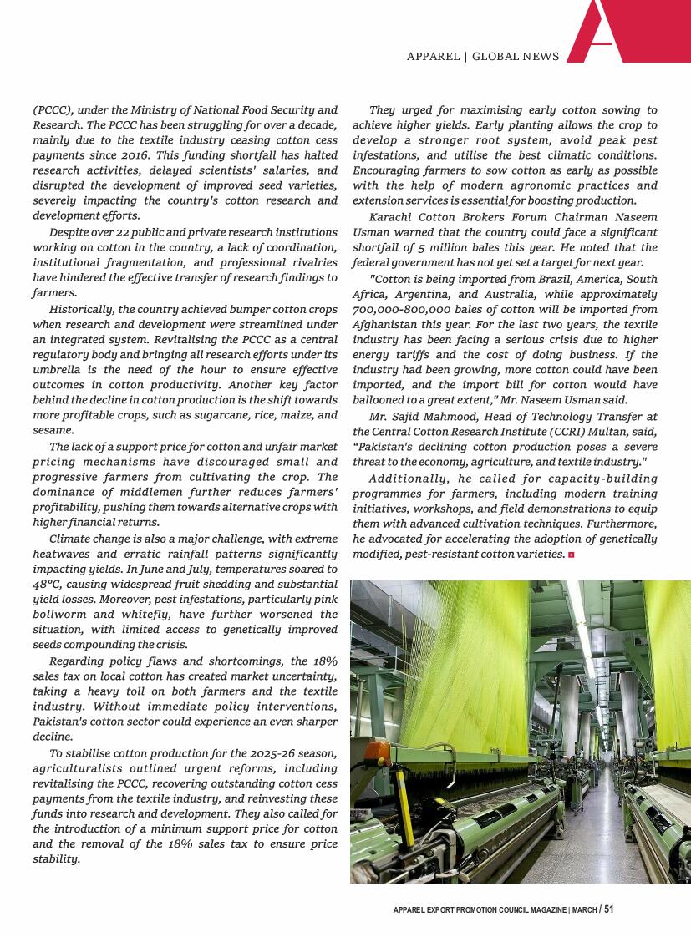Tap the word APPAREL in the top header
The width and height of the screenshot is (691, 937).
pyautogui.click(x=433, y=57)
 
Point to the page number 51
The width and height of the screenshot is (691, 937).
pyautogui.click(x=608, y=909)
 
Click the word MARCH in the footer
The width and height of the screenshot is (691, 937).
pyautogui.click(x=584, y=910)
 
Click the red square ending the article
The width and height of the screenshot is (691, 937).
pyautogui.click(x=571, y=555)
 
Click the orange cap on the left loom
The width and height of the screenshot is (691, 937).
pyautogui.click(x=378, y=749)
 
